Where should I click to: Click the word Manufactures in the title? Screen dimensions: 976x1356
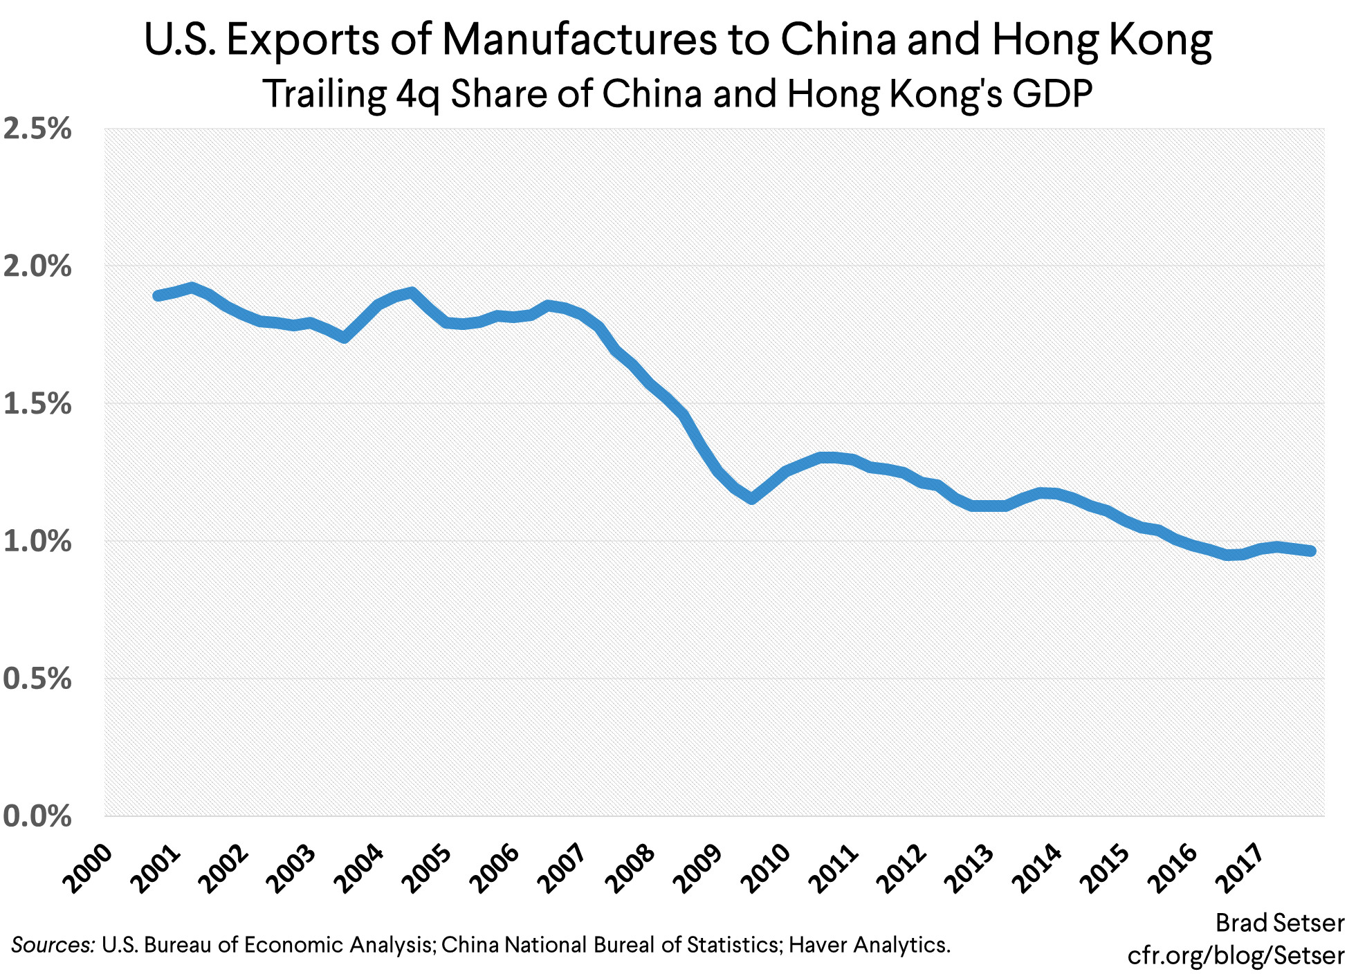[x=578, y=40]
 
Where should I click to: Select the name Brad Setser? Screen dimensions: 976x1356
[x=1279, y=923]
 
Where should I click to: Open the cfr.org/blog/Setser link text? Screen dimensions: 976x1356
[x=1236, y=955]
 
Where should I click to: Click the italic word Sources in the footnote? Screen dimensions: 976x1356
[x=53, y=945]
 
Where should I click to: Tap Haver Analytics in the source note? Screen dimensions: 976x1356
[x=869, y=945]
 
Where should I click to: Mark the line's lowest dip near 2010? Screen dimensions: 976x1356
[x=752, y=498]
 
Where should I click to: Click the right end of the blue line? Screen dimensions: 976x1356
[x=1310, y=551]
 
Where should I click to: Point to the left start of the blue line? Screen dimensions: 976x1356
[x=158, y=296]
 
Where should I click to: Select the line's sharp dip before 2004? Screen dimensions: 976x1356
[x=345, y=338]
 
